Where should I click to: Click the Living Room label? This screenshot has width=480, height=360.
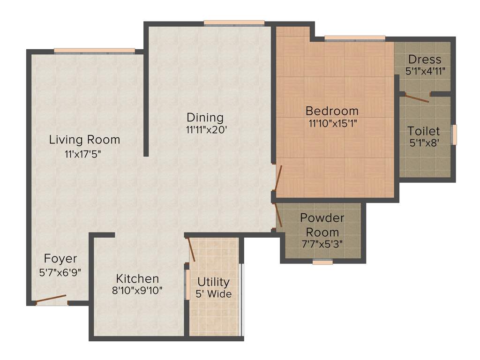[84, 140]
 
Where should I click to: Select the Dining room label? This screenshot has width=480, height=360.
[205, 117]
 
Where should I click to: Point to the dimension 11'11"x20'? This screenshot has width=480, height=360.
[207, 131]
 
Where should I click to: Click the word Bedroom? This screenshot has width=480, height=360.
[332, 111]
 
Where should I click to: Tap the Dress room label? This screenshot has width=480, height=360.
[425, 60]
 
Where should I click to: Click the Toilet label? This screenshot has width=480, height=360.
[424, 131]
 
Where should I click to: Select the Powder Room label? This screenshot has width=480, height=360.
[322, 225]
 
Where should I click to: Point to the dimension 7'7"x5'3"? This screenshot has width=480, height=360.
[322, 244]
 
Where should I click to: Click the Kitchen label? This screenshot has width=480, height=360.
[137, 278]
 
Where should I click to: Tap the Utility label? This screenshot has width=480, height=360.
[213, 282]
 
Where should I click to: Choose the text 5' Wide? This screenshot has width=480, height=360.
[213, 294]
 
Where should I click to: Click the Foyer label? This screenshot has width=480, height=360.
[60, 259]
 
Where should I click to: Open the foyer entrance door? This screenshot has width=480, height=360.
[52, 300]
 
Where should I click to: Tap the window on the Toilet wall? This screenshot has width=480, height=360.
[453, 135]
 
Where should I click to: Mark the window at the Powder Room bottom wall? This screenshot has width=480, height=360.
[322, 262]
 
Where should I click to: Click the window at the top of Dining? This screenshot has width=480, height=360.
[234, 22]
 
